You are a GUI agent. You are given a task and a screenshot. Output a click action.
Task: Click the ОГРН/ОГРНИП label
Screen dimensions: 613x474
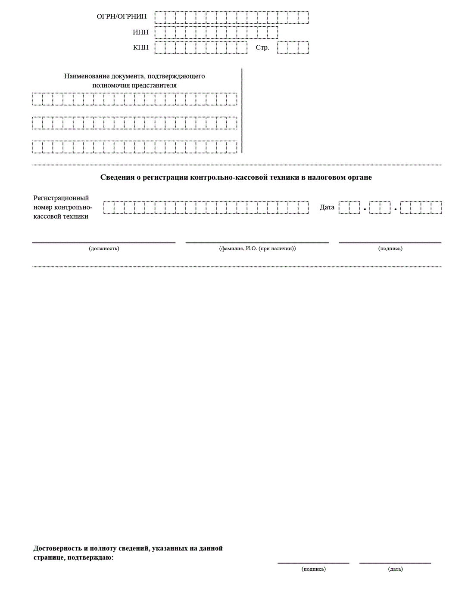[122, 17]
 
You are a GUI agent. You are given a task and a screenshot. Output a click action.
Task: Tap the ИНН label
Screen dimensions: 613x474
[140, 32]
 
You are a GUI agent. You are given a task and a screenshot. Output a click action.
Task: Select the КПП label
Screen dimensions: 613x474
[140, 47]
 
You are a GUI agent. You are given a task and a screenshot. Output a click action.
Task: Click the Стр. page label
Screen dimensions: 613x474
[262, 47]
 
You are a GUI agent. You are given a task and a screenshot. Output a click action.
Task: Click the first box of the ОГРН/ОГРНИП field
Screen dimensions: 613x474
[160, 17]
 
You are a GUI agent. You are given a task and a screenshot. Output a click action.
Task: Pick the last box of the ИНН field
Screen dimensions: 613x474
[272, 32]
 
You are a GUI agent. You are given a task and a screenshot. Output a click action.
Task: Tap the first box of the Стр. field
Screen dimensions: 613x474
[283, 47]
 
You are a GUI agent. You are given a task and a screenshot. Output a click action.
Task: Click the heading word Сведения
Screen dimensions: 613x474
[117, 177]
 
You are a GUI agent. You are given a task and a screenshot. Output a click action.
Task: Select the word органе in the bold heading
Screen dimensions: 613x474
[360, 177]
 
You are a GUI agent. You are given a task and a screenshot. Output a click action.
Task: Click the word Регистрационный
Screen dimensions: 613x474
[61, 198]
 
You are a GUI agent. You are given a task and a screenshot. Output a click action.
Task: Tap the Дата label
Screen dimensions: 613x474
[327, 207]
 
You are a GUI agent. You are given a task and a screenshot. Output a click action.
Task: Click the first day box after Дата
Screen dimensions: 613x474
[344, 208]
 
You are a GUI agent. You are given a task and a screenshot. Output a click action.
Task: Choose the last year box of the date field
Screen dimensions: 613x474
[436, 208]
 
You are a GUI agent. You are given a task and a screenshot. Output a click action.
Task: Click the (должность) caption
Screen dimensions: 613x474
[104, 249]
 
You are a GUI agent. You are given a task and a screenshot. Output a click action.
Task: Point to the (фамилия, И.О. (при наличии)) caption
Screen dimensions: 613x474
[257, 249]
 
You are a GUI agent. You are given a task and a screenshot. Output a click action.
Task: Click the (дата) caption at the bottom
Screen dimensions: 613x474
[395, 569]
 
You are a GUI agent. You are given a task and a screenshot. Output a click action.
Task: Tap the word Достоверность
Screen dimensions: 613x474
[57, 548]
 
